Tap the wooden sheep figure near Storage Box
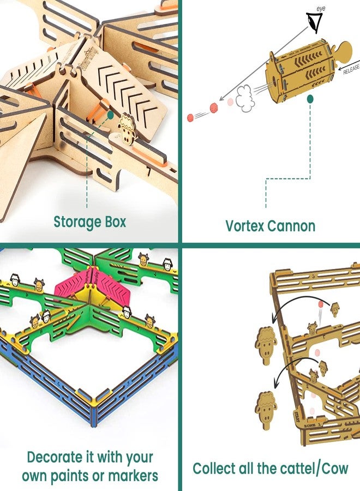click(127, 129)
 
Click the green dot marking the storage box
click(111, 115)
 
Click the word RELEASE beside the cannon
click(347, 67)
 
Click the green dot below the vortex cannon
click(310, 99)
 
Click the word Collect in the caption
click(215, 468)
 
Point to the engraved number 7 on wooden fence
click(148, 172)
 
